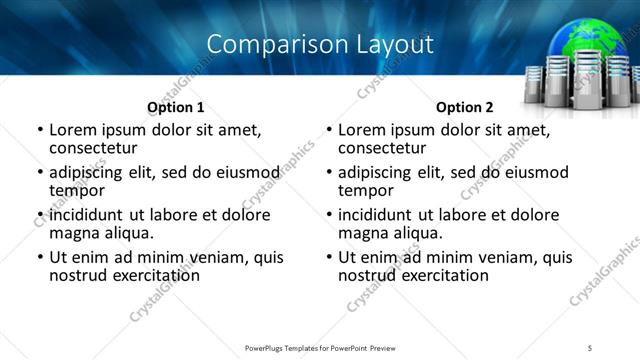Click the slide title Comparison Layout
pos(320,44)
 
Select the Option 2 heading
pos(464,107)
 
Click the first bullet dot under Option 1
pos(40,131)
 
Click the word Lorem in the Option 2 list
pos(360,130)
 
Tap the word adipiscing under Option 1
pos(89,172)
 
